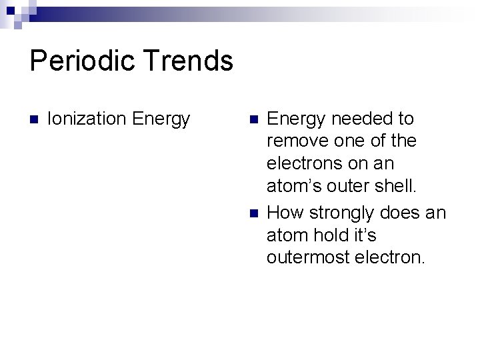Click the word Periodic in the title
click(83, 61)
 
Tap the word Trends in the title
click(189, 61)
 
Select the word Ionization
click(87, 119)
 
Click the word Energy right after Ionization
click(161, 119)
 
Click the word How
click(284, 213)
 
